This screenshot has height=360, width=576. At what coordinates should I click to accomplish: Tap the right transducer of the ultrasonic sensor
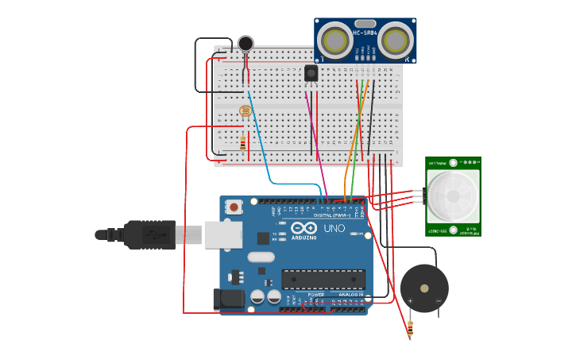pyautogui.click(x=396, y=40)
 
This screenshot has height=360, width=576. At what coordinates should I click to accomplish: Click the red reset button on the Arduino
pyautogui.click(x=234, y=207)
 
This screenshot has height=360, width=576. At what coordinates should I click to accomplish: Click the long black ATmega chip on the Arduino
pyautogui.click(x=323, y=280)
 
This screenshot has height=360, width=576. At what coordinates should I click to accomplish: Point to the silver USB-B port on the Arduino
pyautogui.click(x=223, y=234)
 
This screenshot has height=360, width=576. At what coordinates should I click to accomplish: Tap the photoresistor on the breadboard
pyautogui.click(x=245, y=111)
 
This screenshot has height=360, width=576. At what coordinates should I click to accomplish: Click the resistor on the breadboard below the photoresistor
pyautogui.click(x=242, y=143)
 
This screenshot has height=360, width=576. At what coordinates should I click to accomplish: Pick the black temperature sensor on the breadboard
pyautogui.click(x=311, y=73)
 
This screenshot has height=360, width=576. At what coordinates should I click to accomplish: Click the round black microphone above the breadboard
pyautogui.click(x=246, y=43)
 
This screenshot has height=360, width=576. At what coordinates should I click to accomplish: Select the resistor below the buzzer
pyautogui.click(x=410, y=328)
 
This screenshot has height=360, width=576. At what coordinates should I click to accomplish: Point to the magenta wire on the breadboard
pyautogui.click(x=315, y=135)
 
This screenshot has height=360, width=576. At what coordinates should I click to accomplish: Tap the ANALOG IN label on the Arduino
pyautogui.click(x=350, y=295)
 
